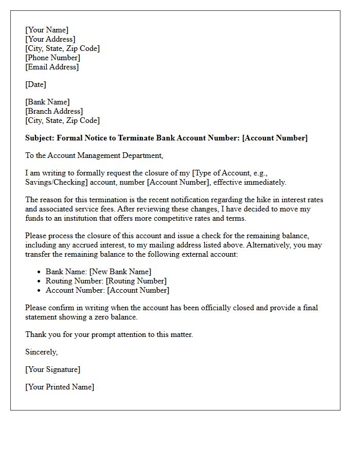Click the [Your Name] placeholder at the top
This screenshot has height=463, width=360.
point(47,30)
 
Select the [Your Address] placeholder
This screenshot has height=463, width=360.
point(50,39)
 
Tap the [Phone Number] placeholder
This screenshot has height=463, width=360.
point(53,58)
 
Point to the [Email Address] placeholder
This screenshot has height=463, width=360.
point(52,67)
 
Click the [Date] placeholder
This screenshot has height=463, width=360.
point(35,84)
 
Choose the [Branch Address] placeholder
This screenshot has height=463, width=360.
point(54,111)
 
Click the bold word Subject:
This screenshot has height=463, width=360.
point(40,138)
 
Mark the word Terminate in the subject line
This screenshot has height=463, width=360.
point(134,138)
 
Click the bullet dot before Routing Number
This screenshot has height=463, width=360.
point(39,281)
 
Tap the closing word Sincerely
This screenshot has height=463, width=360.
point(41,352)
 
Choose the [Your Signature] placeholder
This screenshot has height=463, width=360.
point(53,369)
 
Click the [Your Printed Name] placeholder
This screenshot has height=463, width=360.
point(60,387)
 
